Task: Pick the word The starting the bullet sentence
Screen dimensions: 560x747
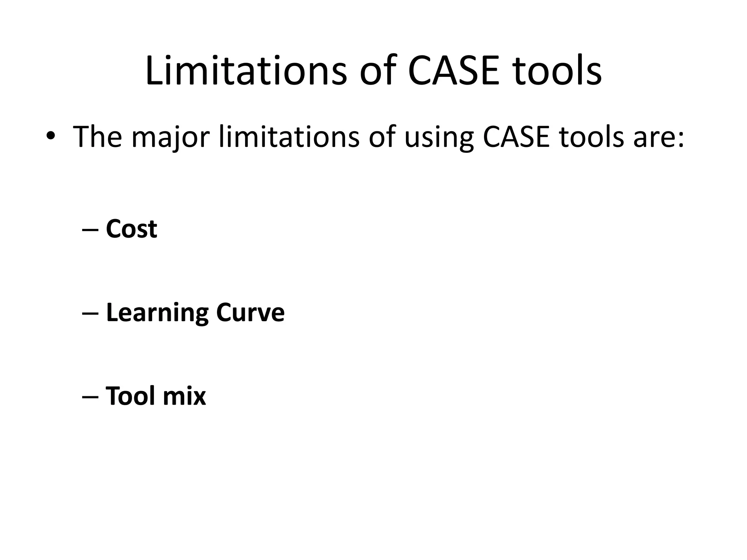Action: pos(97,136)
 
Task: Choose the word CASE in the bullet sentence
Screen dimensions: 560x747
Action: pos(516,136)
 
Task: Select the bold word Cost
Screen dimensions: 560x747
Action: pos(131,229)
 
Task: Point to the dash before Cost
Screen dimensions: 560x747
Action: pos(90,230)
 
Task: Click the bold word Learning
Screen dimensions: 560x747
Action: pos(157,313)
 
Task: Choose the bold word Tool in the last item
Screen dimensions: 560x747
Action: pos(130,396)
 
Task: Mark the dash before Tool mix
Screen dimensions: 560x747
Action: pos(90,397)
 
